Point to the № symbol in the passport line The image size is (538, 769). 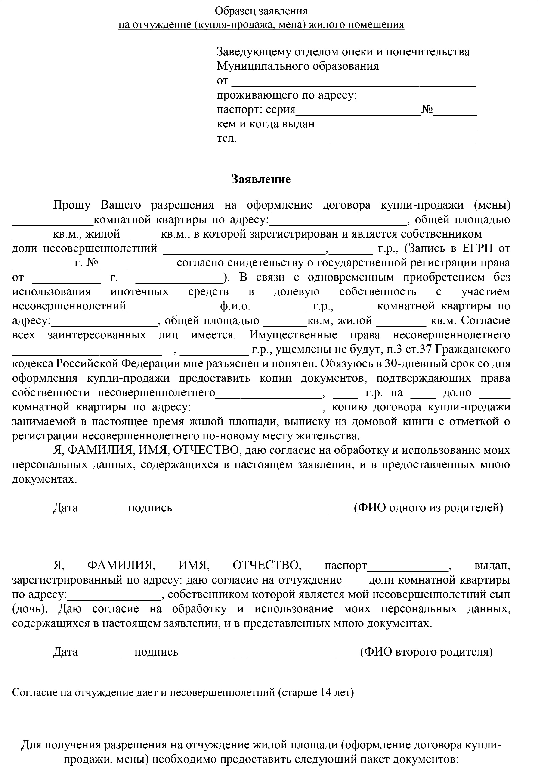[x=427, y=109]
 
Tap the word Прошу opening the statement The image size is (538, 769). [x=72, y=205]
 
